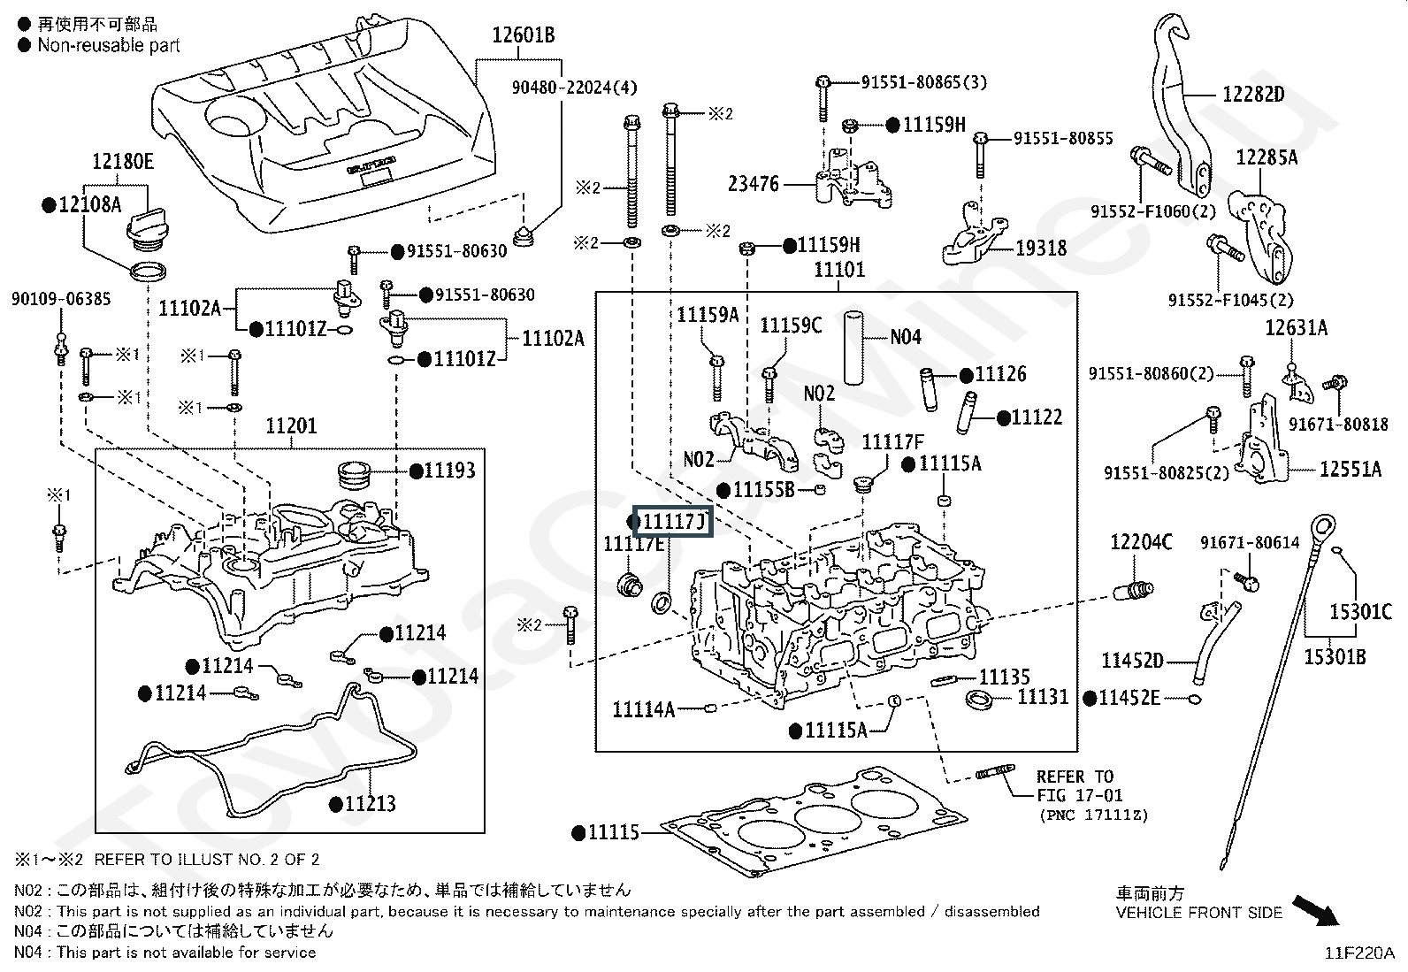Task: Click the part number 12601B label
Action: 524,36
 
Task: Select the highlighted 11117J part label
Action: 673,522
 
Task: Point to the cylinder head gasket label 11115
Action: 613,832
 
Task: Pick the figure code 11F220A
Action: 1358,953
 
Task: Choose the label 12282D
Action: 1253,95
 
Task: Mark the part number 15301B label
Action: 1335,657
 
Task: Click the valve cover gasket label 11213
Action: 370,804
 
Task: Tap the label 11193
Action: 449,471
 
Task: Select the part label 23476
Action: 754,184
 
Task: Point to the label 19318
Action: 1041,249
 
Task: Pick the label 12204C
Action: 1141,542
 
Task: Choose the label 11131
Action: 1043,698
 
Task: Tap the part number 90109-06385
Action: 61,299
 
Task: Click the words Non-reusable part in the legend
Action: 108,45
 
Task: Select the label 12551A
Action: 1350,470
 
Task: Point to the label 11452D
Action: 1132,661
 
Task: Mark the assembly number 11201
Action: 291,427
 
